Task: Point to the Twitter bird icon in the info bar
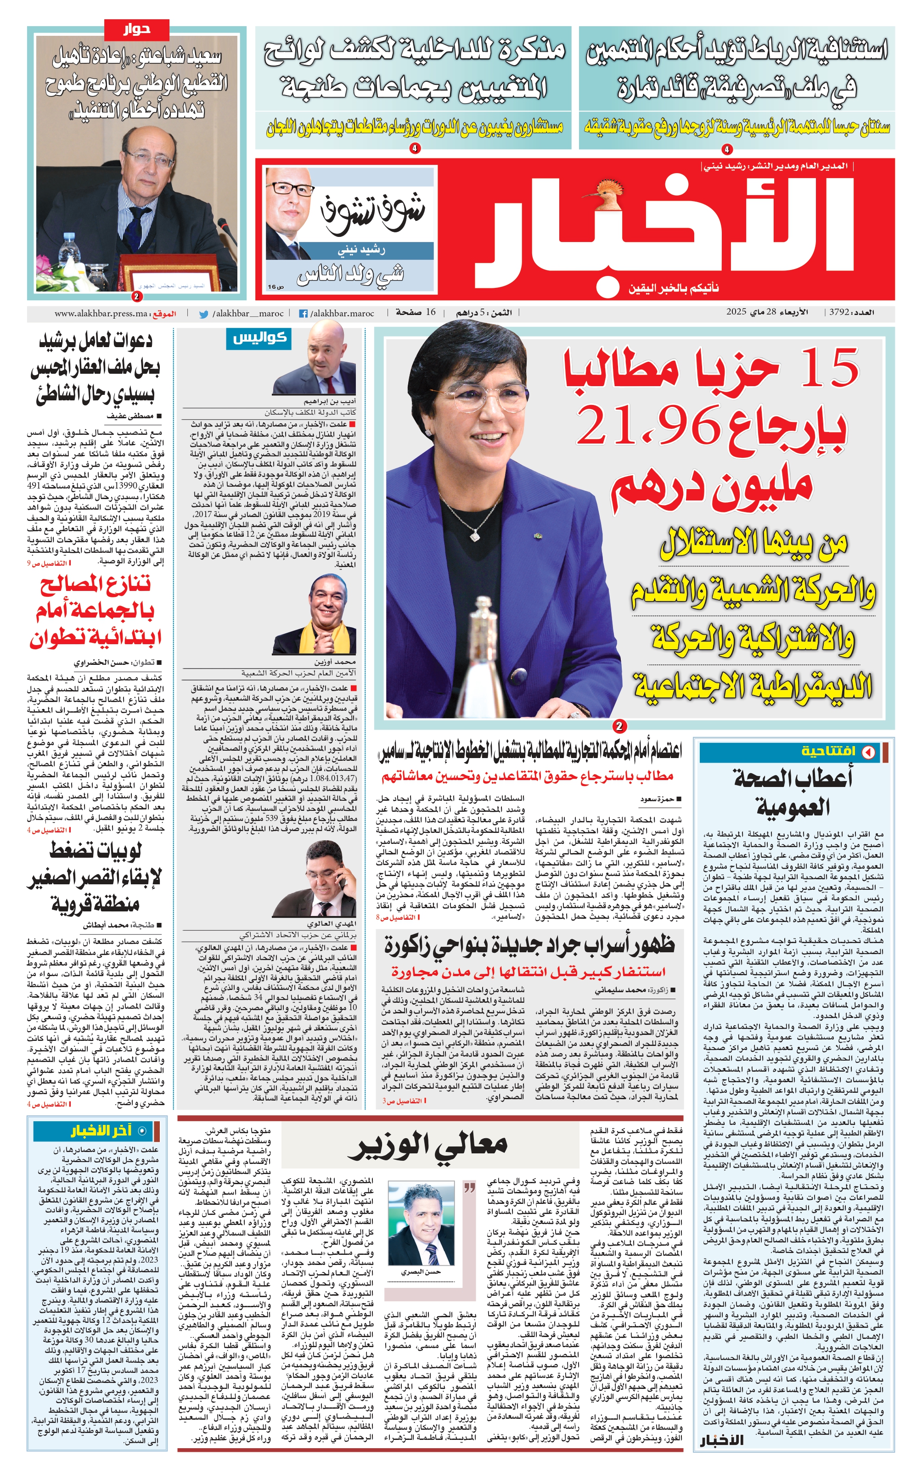[x=204, y=314]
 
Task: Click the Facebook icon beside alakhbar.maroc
[x=303, y=314]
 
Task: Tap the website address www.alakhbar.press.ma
[x=101, y=314]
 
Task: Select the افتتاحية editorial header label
[x=828, y=752]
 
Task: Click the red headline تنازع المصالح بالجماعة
[x=96, y=610]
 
